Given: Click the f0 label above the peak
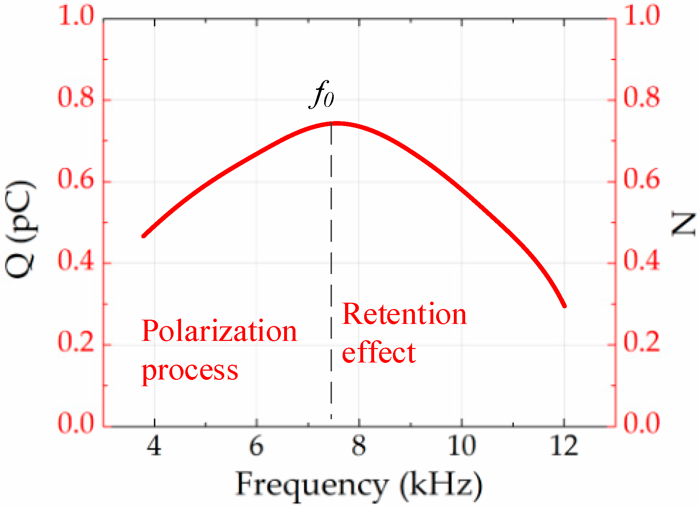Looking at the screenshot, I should point(322,95).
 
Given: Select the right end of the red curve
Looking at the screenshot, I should point(564,306).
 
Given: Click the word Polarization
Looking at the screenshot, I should point(219,332).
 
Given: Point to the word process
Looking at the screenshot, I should point(190,371).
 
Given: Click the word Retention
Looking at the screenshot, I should point(404,314).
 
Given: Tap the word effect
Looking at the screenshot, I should point(378,353).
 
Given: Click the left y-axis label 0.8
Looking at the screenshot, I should point(76,97).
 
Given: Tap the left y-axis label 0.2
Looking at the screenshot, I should point(76,342).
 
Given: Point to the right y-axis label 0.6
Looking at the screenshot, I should point(641,179).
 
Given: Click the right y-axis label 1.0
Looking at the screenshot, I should point(641,16).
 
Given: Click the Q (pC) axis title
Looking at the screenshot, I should point(21,229).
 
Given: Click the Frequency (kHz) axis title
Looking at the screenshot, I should point(359,485).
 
